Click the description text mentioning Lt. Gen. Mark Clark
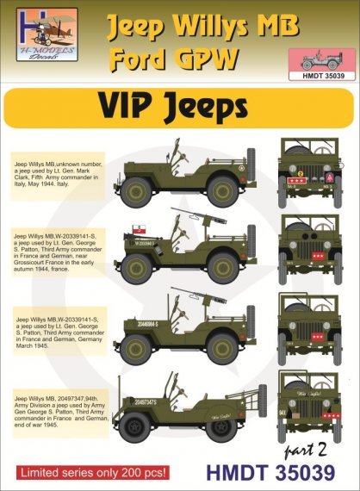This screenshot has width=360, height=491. (58, 173)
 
